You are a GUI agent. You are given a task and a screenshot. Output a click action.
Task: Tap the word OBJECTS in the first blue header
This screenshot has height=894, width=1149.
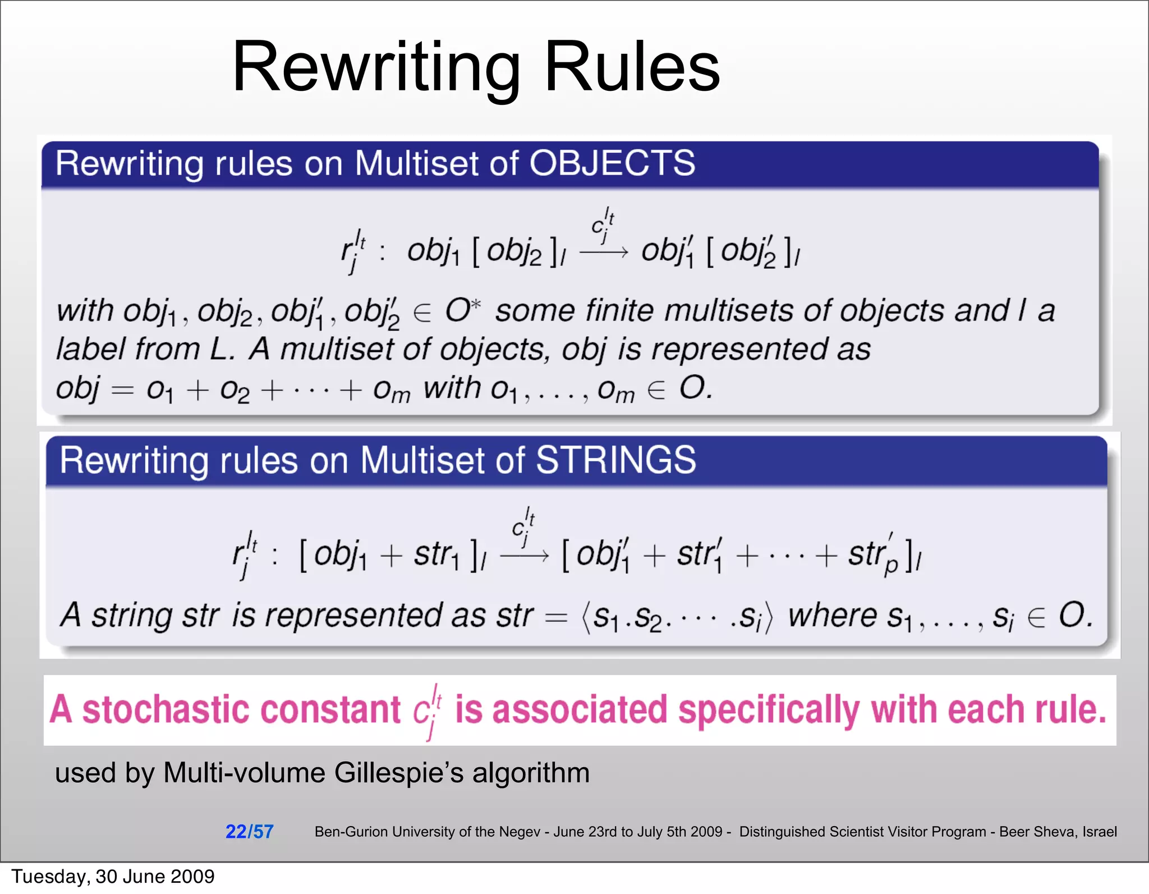point(612,163)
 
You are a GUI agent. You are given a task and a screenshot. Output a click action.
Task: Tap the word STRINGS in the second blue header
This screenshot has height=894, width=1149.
point(615,460)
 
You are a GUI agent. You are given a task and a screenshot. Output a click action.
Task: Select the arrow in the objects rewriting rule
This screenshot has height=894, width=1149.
point(603,253)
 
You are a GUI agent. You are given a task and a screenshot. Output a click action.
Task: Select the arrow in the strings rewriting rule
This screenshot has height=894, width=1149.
point(524,556)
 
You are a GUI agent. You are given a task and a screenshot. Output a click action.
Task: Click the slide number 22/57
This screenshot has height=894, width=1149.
point(249,831)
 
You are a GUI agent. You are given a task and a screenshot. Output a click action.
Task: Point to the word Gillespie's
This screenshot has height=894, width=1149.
point(399,773)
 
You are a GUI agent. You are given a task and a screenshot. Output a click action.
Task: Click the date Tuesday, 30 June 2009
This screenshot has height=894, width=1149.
point(113,876)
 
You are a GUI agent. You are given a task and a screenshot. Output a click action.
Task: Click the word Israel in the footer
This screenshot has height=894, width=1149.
point(1099,832)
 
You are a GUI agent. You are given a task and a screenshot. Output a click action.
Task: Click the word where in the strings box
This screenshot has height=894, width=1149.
point(833,616)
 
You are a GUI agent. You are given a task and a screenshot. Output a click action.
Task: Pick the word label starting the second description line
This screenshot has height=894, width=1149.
point(90,349)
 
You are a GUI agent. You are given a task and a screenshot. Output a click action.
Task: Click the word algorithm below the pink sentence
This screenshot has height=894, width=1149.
point(530,773)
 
